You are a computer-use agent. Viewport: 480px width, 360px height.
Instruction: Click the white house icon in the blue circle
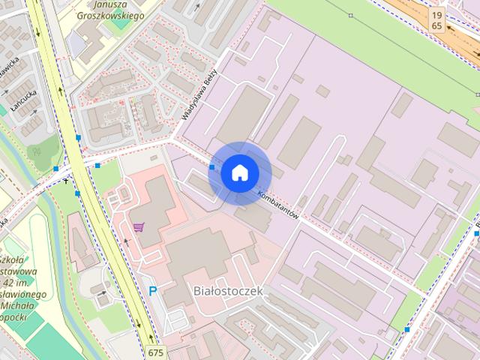(x=239, y=172)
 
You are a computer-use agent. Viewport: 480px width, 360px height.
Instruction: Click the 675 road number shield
(x=155, y=352)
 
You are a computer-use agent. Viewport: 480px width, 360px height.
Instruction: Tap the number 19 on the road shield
(x=436, y=14)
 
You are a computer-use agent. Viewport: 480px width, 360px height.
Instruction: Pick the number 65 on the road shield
(x=436, y=25)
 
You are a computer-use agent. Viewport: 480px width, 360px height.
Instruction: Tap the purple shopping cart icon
(x=139, y=226)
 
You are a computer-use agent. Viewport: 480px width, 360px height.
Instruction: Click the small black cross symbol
(x=67, y=180)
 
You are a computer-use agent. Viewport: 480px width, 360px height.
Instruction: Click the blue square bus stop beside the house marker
(x=212, y=168)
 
